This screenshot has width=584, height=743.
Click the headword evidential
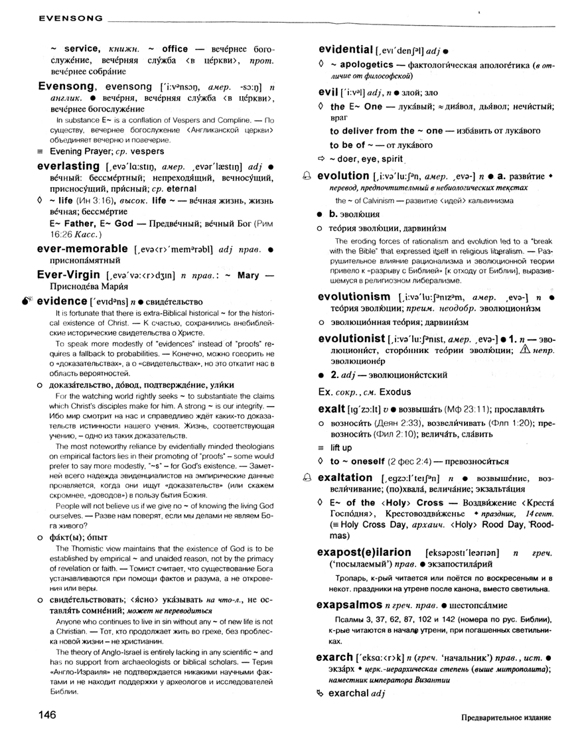(x=346, y=50)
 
